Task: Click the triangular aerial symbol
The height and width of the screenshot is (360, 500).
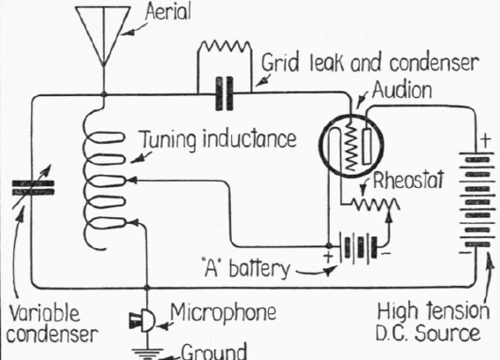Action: click(x=103, y=35)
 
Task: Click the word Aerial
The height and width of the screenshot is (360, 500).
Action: click(x=168, y=11)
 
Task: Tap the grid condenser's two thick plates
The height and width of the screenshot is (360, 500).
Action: click(x=225, y=94)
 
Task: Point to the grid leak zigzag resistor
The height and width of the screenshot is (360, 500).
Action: click(x=225, y=46)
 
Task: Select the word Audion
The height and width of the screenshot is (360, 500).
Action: click(x=402, y=90)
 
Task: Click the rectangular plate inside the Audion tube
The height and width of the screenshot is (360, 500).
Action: click(x=367, y=146)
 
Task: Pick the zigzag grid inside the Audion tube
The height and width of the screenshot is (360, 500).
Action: click(x=351, y=146)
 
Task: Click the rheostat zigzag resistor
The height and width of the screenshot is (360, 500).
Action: click(x=375, y=204)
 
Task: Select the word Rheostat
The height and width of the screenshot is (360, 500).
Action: click(x=408, y=180)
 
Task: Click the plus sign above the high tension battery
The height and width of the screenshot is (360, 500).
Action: click(x=485, y=139)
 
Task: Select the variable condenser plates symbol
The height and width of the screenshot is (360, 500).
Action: click(x=33, y=188)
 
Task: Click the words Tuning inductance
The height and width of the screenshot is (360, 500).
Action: click(x=219, y=139)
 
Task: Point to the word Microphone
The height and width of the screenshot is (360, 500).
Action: click(x=223, y=311)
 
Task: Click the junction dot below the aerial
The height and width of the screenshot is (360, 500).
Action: click(x=104, y=94)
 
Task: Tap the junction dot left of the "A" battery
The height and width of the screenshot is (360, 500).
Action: click(x=329, y=246)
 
